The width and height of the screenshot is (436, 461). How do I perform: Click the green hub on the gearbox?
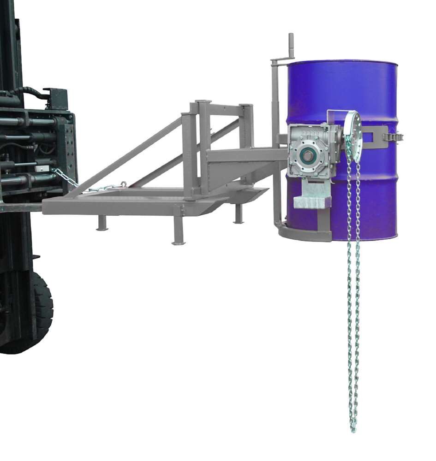[305, 154]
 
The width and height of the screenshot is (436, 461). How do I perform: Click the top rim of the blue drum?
[342, 62]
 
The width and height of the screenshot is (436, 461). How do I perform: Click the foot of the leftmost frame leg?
[102, 229]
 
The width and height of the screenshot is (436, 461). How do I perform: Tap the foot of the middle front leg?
[178, 242]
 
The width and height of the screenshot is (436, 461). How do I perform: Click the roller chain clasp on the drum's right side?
[393, 136]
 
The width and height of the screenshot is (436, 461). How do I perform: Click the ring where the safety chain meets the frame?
[123, 184]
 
